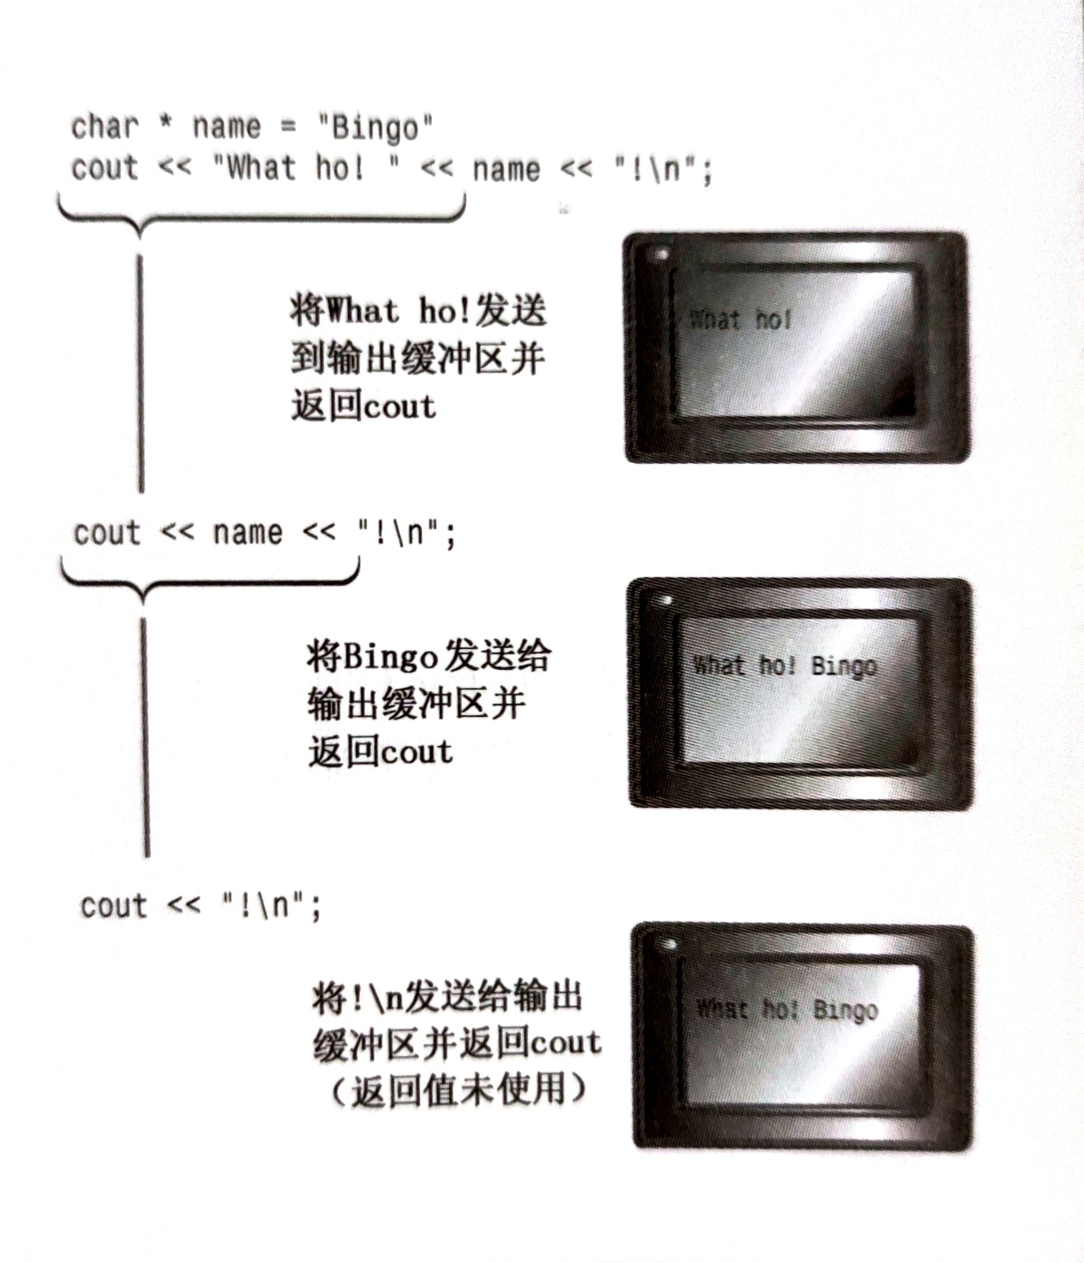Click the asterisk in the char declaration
(165, 124)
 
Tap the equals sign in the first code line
(288, 126)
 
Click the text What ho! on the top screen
(741, 320)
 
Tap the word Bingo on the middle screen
(844, 666)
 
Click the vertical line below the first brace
(141, 372)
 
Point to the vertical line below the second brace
(145, 738)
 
